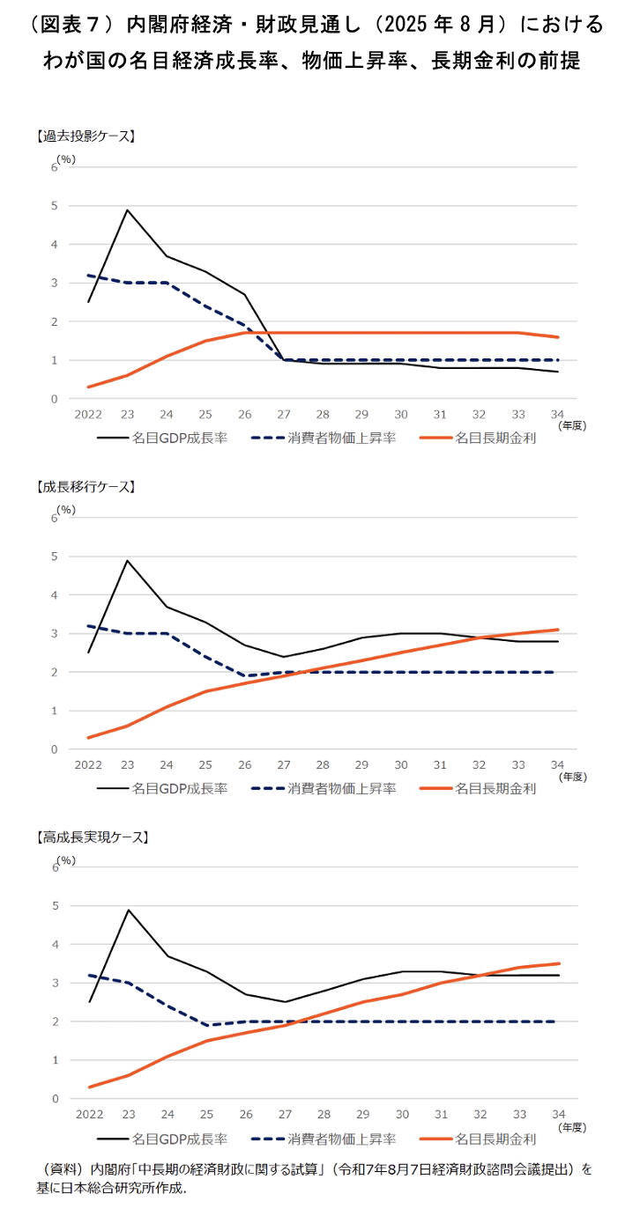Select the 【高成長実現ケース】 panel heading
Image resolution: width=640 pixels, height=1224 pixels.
point(90,837)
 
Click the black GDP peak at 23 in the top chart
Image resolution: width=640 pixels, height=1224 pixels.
point(128,210)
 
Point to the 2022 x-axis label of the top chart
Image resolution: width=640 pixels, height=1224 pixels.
point(89,415)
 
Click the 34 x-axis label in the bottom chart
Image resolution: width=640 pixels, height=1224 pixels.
point(558,1115)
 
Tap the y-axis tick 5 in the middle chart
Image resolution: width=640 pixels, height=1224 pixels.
point(54,557)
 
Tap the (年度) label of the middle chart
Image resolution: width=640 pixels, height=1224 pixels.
point(572,778)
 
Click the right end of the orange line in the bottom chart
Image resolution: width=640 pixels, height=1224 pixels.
point(558,963)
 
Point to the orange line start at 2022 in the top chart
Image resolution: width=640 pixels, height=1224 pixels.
point(89,387)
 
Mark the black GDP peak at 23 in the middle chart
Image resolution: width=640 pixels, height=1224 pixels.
point(128,560)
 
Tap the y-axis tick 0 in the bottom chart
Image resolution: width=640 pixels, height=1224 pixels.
point(54,1099)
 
